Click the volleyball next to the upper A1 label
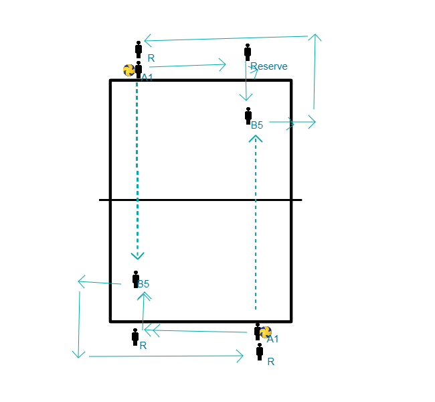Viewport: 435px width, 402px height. (129, 70)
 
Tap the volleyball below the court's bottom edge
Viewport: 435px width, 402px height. (266, 332)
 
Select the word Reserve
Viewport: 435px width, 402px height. (268, 66)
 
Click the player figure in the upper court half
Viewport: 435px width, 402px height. (248, 115)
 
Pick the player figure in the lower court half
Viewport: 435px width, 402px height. (136, 279)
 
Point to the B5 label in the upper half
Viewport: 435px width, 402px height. (257, 125)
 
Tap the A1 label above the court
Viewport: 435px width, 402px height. (147, 77)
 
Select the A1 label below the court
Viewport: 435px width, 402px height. (272, 339)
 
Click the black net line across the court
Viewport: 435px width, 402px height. (201, 200)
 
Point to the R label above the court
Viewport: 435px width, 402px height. (151, 58)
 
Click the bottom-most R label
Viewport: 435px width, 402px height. (271, 361)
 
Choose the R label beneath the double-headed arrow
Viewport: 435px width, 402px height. (143, 346)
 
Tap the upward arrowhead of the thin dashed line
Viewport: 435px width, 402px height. (256, 138)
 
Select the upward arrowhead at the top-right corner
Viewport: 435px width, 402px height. (314, 38)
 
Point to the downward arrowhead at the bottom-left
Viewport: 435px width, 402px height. (79, 352)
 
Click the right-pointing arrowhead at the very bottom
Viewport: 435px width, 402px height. (240, 356)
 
